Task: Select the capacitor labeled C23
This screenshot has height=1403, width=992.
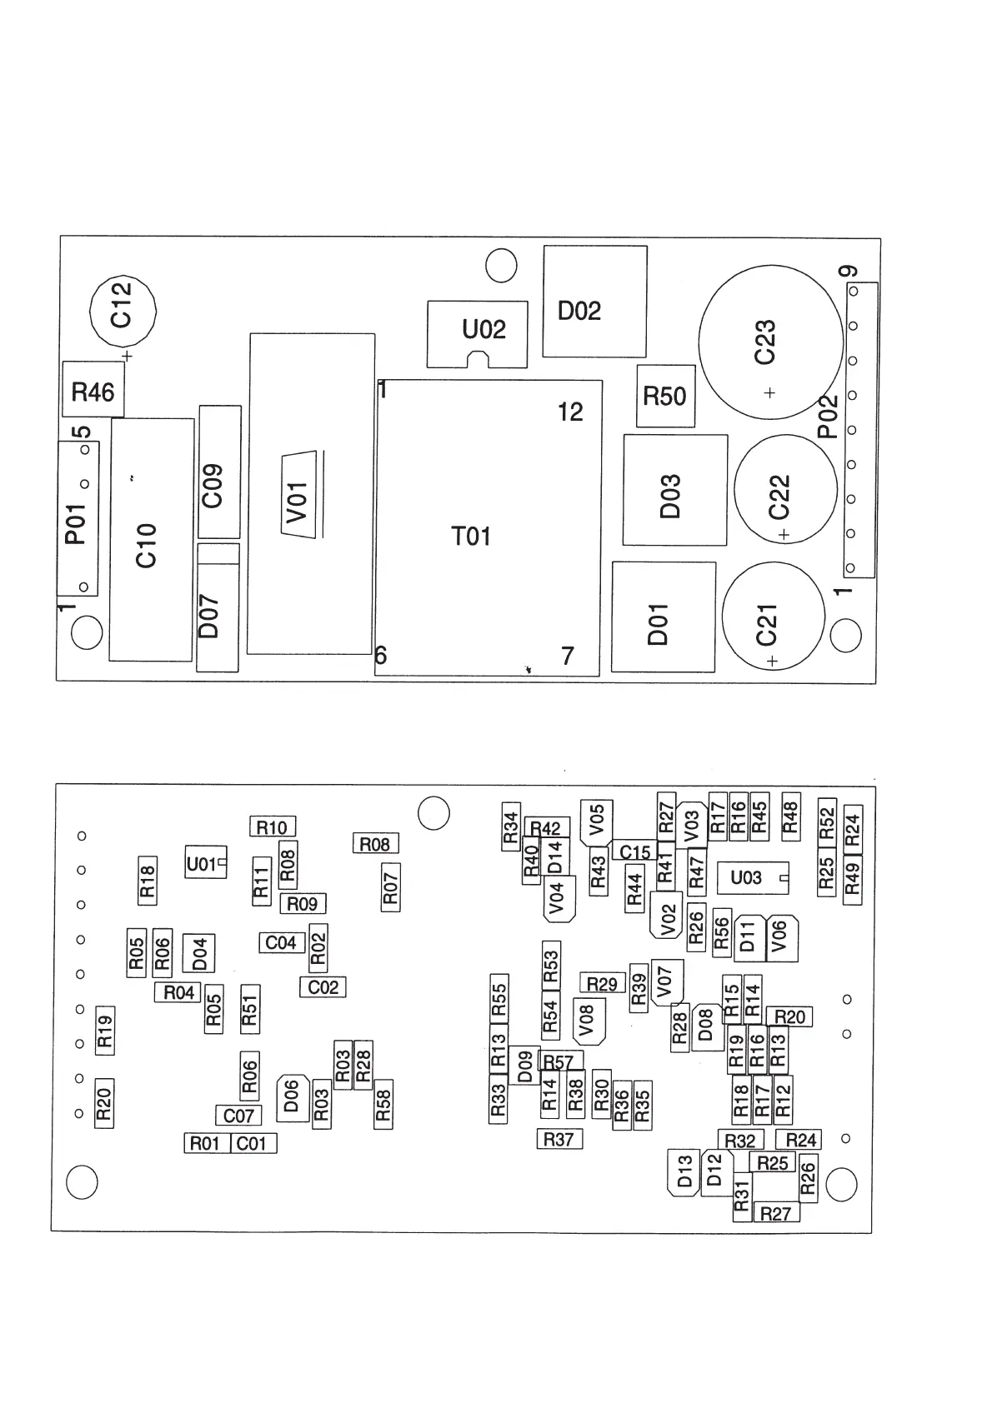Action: (x=769, y=342)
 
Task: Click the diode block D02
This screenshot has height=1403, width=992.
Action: (x=594, y=302)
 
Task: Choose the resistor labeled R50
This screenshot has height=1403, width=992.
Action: (x=665, y=397)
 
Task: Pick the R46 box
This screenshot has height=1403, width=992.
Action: (x=93, y=390)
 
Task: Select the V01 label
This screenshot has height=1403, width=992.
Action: (x=298, y=502)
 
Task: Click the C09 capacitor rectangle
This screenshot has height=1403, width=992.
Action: (x=219, y=472)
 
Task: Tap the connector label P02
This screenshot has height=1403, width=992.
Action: (x=827, y=417)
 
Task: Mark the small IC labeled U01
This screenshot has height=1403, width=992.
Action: (x=203, y=864)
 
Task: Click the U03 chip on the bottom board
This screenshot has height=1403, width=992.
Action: (x=752, y=877)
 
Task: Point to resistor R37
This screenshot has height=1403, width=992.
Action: (x=559, y=1139)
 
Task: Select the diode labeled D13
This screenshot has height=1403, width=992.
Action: (x=684, y=1171)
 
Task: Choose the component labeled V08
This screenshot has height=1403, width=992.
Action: (x=588, y=1020)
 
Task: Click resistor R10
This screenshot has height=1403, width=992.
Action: (x=273, y=826)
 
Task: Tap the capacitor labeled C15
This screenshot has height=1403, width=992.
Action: (x=635, y=851)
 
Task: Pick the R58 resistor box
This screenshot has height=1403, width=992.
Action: (x=383, y=1103)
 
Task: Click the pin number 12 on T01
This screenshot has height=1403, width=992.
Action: (x=570, y=412)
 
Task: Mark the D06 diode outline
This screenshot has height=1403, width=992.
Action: (x=292, y=1096)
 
